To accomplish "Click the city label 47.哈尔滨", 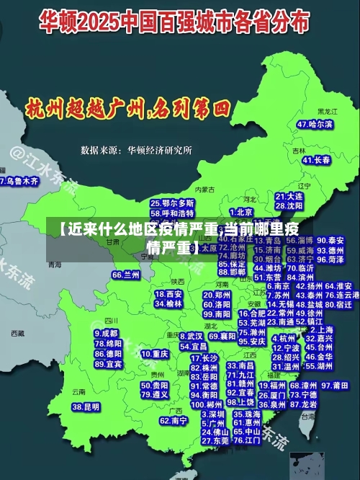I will tap(315, 124).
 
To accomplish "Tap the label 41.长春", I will tap(317, 159).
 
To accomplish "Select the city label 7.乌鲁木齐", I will tap(20, 182).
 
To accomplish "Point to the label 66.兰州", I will tap(126, 275).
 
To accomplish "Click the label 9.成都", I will tap(106, 334).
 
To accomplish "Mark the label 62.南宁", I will tap(174, 420).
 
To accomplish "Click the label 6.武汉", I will tap(190, 336).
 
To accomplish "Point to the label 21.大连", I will tap(289, 196).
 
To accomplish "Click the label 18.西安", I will tap(169, 294).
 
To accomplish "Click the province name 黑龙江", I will tap(327, 112).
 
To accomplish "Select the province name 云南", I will tap(78, 391).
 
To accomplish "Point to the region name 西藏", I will tap(17, 333).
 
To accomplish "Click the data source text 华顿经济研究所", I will tap(159, 151).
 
